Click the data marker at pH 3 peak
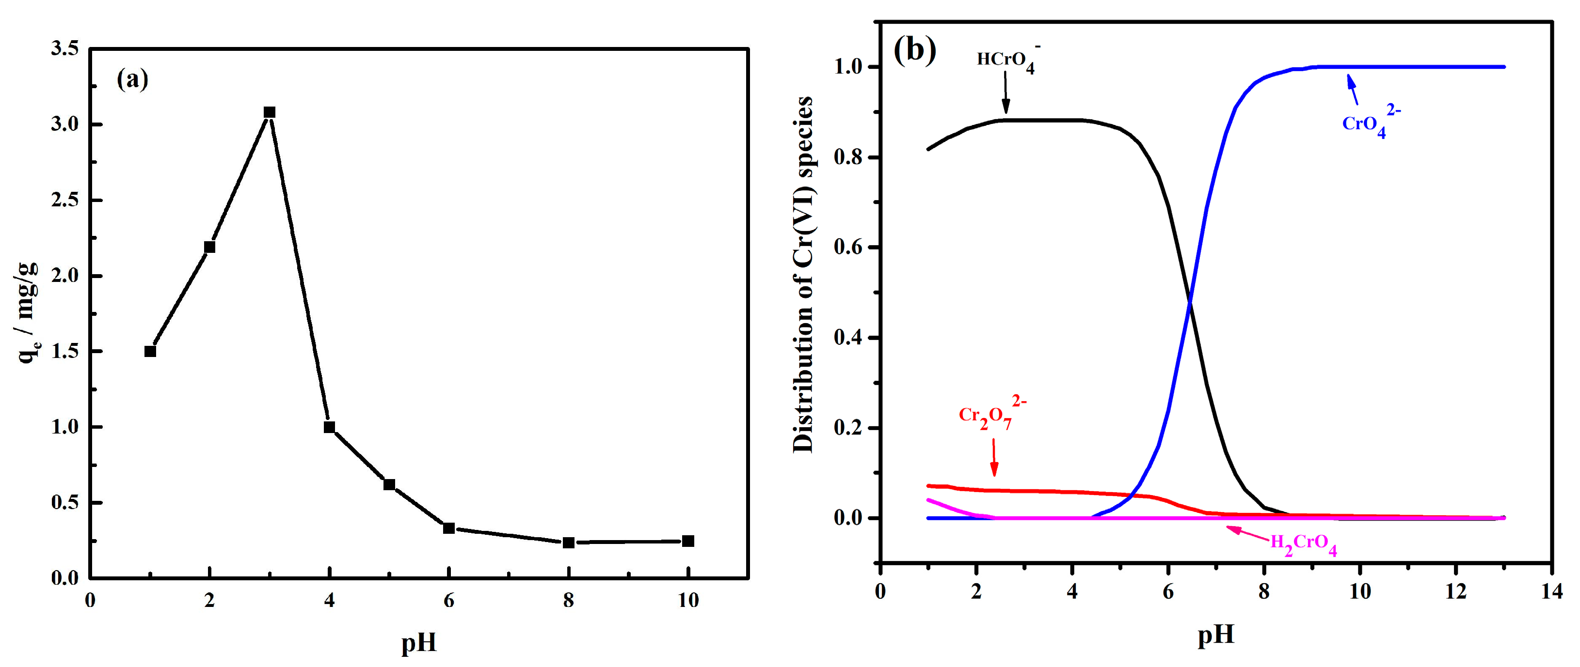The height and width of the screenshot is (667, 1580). (x=269, y=112)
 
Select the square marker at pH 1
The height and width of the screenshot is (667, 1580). (x=150, y=351)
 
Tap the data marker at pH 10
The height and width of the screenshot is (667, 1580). (x=688, y=541)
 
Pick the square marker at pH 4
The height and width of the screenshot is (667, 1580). (x=329, y=427)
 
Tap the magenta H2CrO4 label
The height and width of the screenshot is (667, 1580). (x=1303, y=544)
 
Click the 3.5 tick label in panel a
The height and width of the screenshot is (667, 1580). (x=65, y=49)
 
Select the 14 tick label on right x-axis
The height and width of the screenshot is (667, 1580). (x=1551, y=591)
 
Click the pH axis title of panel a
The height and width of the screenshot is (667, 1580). (x=419, y=642)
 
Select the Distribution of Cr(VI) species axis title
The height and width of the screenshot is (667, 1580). (x=803, y=275)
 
